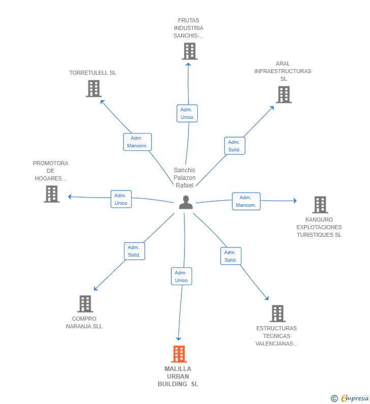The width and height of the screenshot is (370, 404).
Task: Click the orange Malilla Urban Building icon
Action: [x=179, y=354]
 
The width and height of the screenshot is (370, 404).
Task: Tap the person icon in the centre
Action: [x=186, y=202]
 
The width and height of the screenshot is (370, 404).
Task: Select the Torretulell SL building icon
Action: [x=94, y=88]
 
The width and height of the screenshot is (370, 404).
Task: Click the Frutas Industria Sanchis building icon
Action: [x=190, y=51]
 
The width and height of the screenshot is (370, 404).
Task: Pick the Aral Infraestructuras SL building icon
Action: [x=284, y=95]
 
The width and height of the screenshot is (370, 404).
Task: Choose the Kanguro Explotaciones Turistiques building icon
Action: [x=320, y=205]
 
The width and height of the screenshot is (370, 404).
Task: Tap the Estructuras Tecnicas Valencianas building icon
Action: [x=277, y=314]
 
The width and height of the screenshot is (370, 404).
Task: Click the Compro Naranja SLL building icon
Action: [x=85, y=304]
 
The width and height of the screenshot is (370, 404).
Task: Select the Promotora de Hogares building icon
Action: [x=51, y=194]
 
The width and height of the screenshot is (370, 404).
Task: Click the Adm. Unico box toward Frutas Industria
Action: [x=187, y=113]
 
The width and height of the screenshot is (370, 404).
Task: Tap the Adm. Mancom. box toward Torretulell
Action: [x=137, y=142]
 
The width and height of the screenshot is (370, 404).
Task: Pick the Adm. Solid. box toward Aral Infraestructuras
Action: [x=234, y=146]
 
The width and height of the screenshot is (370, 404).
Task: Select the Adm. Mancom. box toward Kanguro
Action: [x=246, y=201]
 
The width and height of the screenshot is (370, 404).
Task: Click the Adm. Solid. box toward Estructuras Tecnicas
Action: [x=231, y=256]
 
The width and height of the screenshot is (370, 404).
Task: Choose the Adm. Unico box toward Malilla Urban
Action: [x=181, y=276]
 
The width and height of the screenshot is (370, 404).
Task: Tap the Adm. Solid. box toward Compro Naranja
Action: [x=134, y=251]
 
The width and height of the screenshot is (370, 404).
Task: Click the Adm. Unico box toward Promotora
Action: [x=121, y=199]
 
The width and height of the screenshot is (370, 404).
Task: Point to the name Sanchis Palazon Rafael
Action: [x=184, y=178]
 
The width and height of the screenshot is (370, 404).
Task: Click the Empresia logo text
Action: [x=355, y=398]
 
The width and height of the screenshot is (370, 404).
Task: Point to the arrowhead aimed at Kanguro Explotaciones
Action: [x=295, y=200]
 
